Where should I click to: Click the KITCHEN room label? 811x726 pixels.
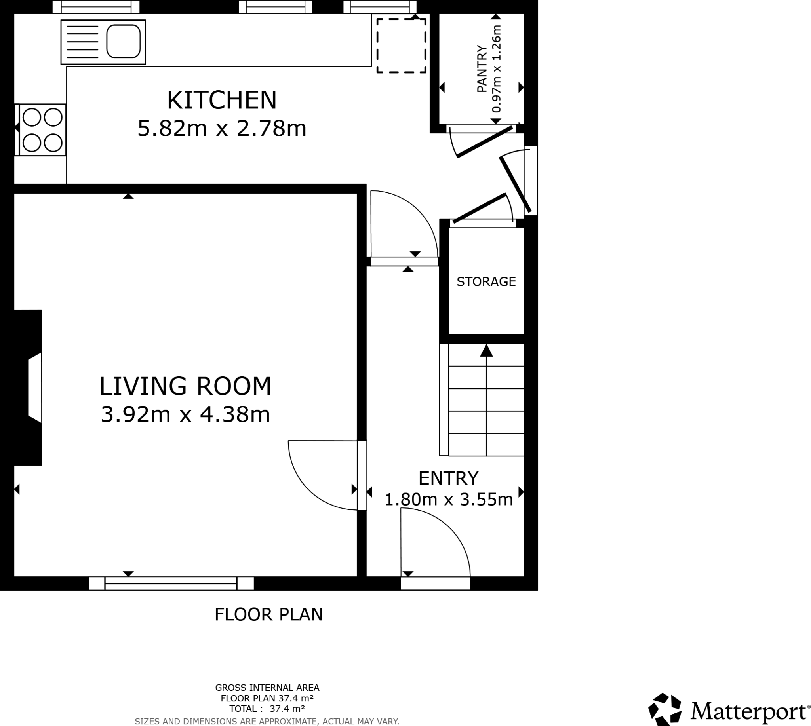221,100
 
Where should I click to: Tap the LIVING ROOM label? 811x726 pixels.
185,386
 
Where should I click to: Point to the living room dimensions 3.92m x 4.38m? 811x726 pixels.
185,414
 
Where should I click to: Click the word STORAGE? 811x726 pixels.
486,282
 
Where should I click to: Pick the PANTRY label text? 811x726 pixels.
482,69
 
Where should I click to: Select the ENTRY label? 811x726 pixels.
448,478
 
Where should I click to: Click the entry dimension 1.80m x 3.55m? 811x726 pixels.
448,500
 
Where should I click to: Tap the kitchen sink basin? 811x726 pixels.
123,42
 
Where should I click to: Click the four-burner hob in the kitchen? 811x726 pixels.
42,130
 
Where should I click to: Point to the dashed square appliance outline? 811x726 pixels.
401,46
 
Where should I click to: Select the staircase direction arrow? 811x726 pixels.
486,351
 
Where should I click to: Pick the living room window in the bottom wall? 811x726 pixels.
171,583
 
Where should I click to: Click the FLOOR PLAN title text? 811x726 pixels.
268,615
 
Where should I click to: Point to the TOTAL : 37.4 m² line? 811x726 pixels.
267,709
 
